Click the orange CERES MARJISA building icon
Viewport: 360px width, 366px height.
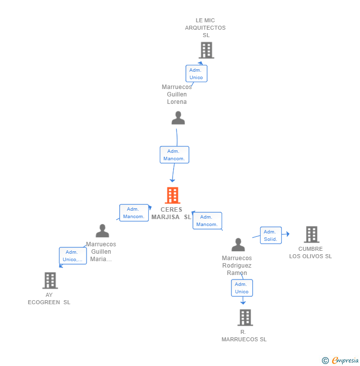pos(172,195)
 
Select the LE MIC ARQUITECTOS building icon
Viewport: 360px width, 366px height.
pos(206,50)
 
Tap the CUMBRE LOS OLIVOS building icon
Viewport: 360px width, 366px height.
pos(311,234)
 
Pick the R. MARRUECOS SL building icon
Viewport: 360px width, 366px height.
pos(245,318)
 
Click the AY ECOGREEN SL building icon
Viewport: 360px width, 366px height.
pos(50,280)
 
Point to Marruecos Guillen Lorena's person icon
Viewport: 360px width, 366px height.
pos(178,118)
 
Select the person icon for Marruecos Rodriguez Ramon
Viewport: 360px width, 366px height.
pos(238,245)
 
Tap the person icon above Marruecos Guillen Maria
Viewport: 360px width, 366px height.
pos(102,231)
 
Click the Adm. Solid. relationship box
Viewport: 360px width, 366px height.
pos(270,235)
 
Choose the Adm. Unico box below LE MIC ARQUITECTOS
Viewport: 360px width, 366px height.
pos(196,74)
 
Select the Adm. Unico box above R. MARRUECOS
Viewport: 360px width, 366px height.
pos(242,288)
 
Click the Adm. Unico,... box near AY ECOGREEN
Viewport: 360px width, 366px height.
pos(73,256)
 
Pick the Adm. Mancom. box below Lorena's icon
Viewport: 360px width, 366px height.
pos(174,155)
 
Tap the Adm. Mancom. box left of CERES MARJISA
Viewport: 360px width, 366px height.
pos(134,213)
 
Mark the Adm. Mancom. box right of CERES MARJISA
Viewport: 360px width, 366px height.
pos(207,221)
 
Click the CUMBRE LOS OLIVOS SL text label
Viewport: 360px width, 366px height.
pos(311,253)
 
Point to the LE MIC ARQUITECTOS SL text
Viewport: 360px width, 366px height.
pos(205,28)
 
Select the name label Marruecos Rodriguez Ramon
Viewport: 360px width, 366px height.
pos(237,266)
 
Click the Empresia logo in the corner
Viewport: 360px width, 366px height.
pos(345,361)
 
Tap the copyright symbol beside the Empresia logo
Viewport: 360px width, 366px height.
pos(325,361)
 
